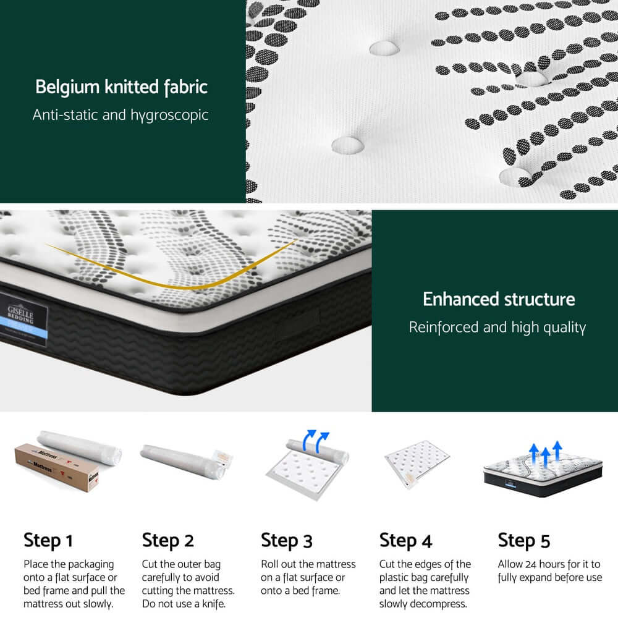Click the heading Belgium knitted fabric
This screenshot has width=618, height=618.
tap(121, 87)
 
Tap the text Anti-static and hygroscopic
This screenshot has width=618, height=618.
tap(121, 115)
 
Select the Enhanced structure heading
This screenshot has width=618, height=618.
tap(499, 300)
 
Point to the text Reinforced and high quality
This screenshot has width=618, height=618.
tap(497, 327)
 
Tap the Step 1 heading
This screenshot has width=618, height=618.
tap(48, 540)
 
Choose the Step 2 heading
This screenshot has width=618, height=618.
tap(168, 540)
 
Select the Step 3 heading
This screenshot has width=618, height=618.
tap(287, 540)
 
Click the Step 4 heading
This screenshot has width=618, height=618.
tap(405, 540)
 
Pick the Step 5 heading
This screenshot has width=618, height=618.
tap(524, 540)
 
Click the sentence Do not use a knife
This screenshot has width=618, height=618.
tap(182, 604)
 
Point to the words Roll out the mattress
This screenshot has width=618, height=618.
tap(308, 564)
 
